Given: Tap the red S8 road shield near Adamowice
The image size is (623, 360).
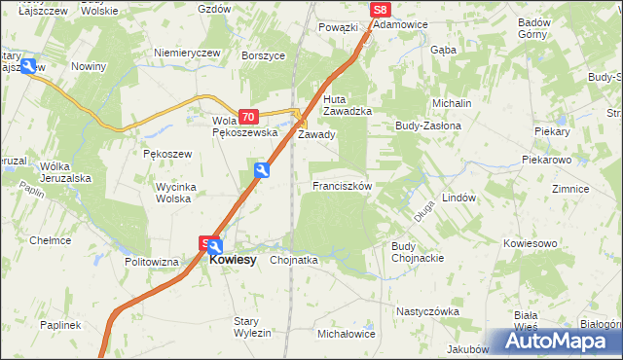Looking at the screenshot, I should click(x=381, y=10).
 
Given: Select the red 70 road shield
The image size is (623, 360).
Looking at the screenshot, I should click(x=248, y=116).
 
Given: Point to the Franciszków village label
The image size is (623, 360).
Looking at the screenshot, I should click(x=341, y=185).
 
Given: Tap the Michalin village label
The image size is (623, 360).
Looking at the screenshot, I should click(x=452, y=103).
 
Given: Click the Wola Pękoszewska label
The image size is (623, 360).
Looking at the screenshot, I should click(x=244, y=126).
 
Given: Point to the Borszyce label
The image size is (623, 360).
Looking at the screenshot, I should click(x=263, y=55).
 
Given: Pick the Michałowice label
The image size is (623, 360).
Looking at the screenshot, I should click(x=347, y=333).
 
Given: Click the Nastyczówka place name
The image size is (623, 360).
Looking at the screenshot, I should click(x=426, y=311).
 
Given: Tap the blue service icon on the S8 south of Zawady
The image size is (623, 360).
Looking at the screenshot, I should click(x=262, y=171).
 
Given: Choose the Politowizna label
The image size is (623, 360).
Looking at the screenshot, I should click(x=152, y=262).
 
